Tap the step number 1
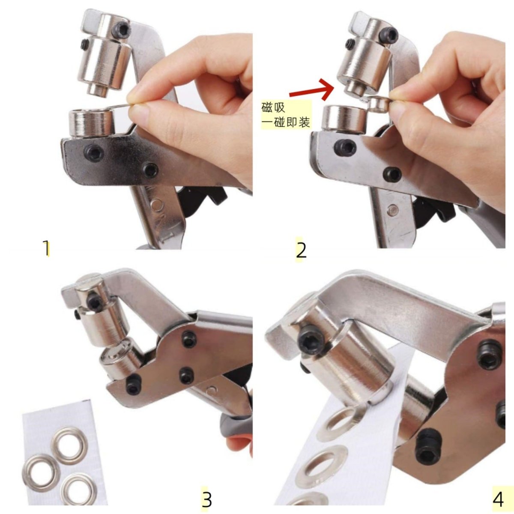click(x=46, y=248)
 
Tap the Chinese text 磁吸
click(x=273, y=108)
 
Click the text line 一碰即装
click(x=286, y=123)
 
